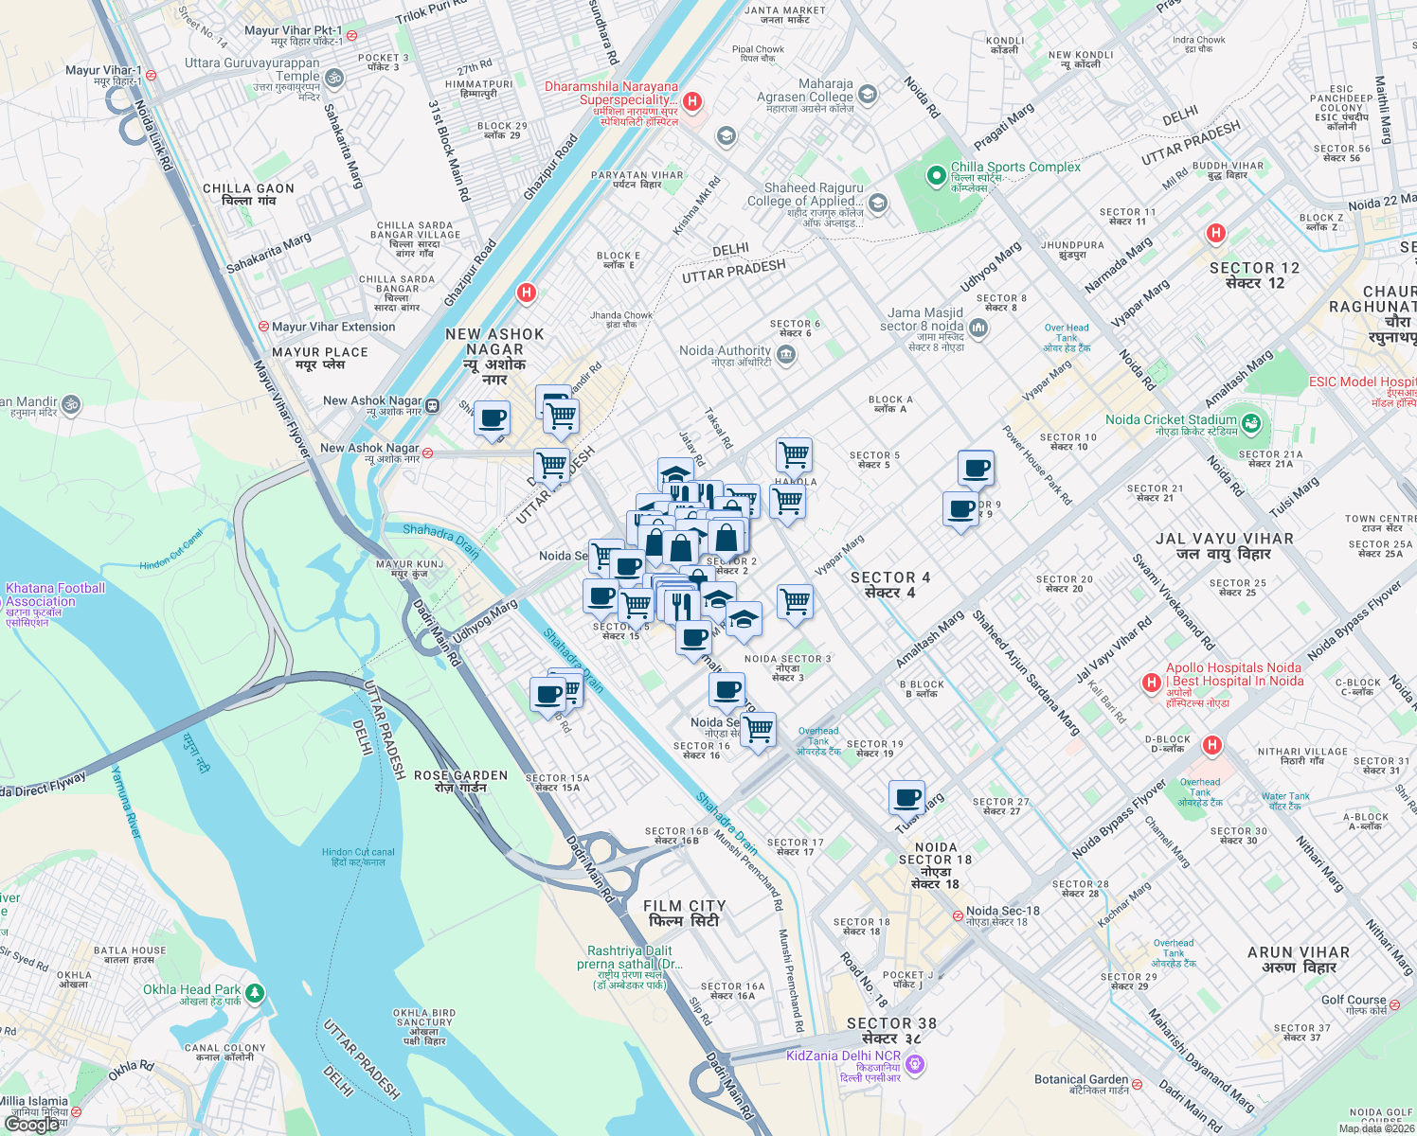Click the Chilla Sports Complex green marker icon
coord(936,174)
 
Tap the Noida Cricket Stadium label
coord(1171,420)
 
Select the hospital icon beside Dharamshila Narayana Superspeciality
coord(692,101)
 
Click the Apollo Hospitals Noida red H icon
coord(1151,683)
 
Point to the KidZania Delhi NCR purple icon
coord(914,1065)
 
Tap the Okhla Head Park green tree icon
coord(254,994)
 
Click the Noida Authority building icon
coord(785,355)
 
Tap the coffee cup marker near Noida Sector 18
coord(906,797)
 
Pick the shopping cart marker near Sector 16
coord(758,730)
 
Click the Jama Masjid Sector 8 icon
coord(978,328)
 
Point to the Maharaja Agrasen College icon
coord(868,95)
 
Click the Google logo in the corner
coord(32,1125)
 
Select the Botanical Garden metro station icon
coord(1137,1084)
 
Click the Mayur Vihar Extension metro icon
coord(263,327)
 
